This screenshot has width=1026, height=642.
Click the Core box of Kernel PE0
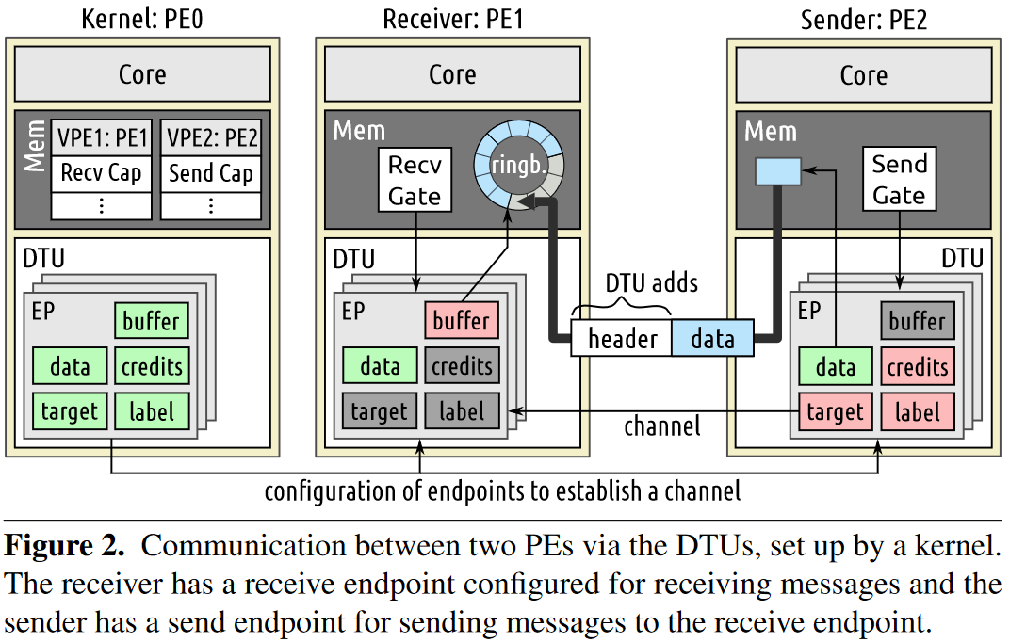click(142, 73)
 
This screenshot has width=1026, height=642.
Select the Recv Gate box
click(415, 180)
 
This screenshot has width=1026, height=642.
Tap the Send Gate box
click(899, 179)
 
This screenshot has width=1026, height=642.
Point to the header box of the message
click(621, 338)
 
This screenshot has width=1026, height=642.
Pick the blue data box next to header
click(712, 338)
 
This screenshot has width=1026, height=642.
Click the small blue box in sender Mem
click(778, 171)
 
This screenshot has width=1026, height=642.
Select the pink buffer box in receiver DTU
click(462, 320)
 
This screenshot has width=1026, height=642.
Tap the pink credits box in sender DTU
click(918, 366)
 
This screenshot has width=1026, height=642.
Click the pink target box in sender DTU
click(835, 412)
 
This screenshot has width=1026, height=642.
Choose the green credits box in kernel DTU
click(152, 365)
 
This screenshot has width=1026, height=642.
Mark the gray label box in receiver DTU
click(462, 411)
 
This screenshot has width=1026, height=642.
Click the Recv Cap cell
click(102, 173)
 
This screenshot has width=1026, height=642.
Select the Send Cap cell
click(211, 173)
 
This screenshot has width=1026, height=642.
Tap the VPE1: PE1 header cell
click(102, 138)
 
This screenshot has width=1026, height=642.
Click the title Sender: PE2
click(864, 20)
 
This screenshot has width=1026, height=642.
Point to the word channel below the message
click(661, 426)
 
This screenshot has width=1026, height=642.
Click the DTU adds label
click(651, 283)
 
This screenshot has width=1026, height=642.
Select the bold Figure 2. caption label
click(64, 546)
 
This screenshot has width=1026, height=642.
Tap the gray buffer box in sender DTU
click(918, 320)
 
